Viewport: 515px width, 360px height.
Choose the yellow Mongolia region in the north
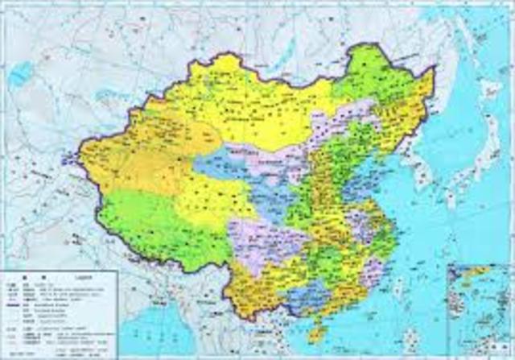249,105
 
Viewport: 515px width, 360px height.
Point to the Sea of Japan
459,153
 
